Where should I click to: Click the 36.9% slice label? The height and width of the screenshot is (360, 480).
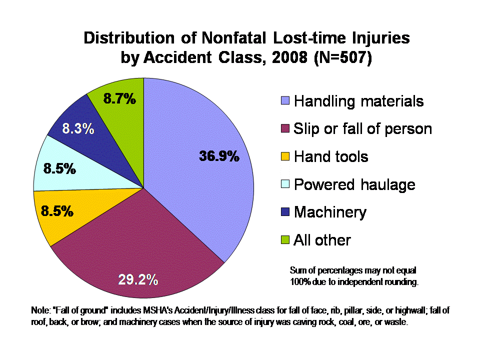click(219, 156)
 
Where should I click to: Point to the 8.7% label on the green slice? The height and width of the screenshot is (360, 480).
click(119, 99)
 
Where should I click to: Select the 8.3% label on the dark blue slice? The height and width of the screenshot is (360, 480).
click(78, 129)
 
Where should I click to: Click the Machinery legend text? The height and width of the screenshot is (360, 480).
click(330, 212)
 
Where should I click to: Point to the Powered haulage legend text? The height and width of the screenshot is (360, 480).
click(354, 184)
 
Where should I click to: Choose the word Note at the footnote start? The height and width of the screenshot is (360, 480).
click(40, 310)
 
